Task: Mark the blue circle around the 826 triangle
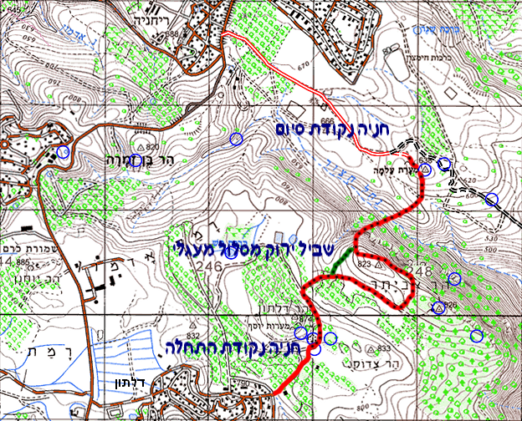437,307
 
